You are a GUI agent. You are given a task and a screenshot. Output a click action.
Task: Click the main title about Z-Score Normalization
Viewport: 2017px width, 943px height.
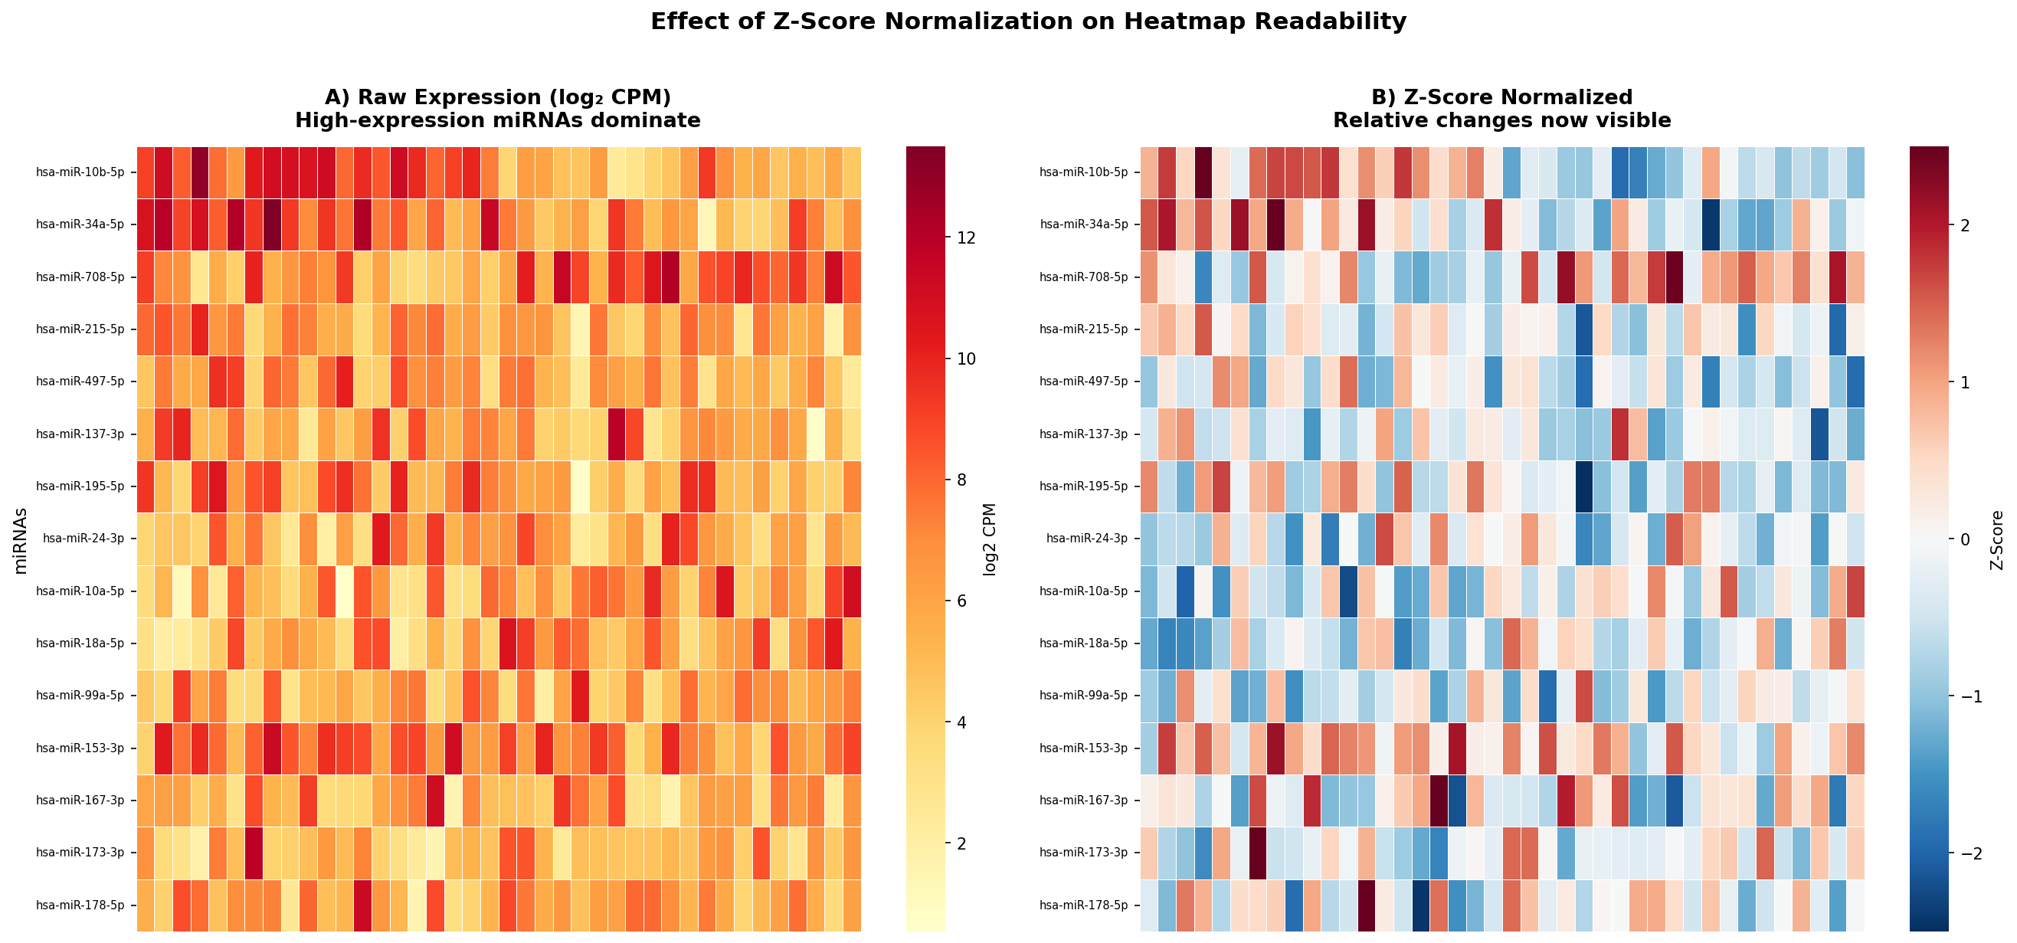1028,22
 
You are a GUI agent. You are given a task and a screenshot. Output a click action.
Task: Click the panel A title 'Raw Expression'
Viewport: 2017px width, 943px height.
498,97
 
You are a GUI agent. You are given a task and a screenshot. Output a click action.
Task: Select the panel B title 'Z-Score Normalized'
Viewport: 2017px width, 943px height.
1501,97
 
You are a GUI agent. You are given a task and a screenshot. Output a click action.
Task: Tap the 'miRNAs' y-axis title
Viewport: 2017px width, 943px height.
21,540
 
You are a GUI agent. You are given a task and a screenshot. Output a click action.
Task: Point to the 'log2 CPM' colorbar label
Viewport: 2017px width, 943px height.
990,539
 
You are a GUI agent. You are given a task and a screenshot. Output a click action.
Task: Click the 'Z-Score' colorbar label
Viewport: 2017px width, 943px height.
1996,539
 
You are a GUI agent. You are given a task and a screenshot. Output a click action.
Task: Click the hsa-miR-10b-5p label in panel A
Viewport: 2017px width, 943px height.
80,172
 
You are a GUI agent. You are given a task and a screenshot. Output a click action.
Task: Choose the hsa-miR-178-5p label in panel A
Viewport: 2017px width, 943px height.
80,905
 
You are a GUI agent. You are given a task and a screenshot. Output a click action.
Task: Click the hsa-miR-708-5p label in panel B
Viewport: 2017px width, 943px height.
1084,277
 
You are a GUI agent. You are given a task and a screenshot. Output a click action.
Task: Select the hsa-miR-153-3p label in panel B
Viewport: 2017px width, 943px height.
1084,748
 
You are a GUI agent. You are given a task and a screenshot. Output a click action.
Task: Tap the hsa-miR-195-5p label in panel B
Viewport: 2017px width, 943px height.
1084,486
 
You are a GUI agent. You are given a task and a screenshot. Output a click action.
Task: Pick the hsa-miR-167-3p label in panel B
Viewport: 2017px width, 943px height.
1084,801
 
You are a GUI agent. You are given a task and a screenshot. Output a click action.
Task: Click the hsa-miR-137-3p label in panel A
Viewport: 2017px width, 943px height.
80,434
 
